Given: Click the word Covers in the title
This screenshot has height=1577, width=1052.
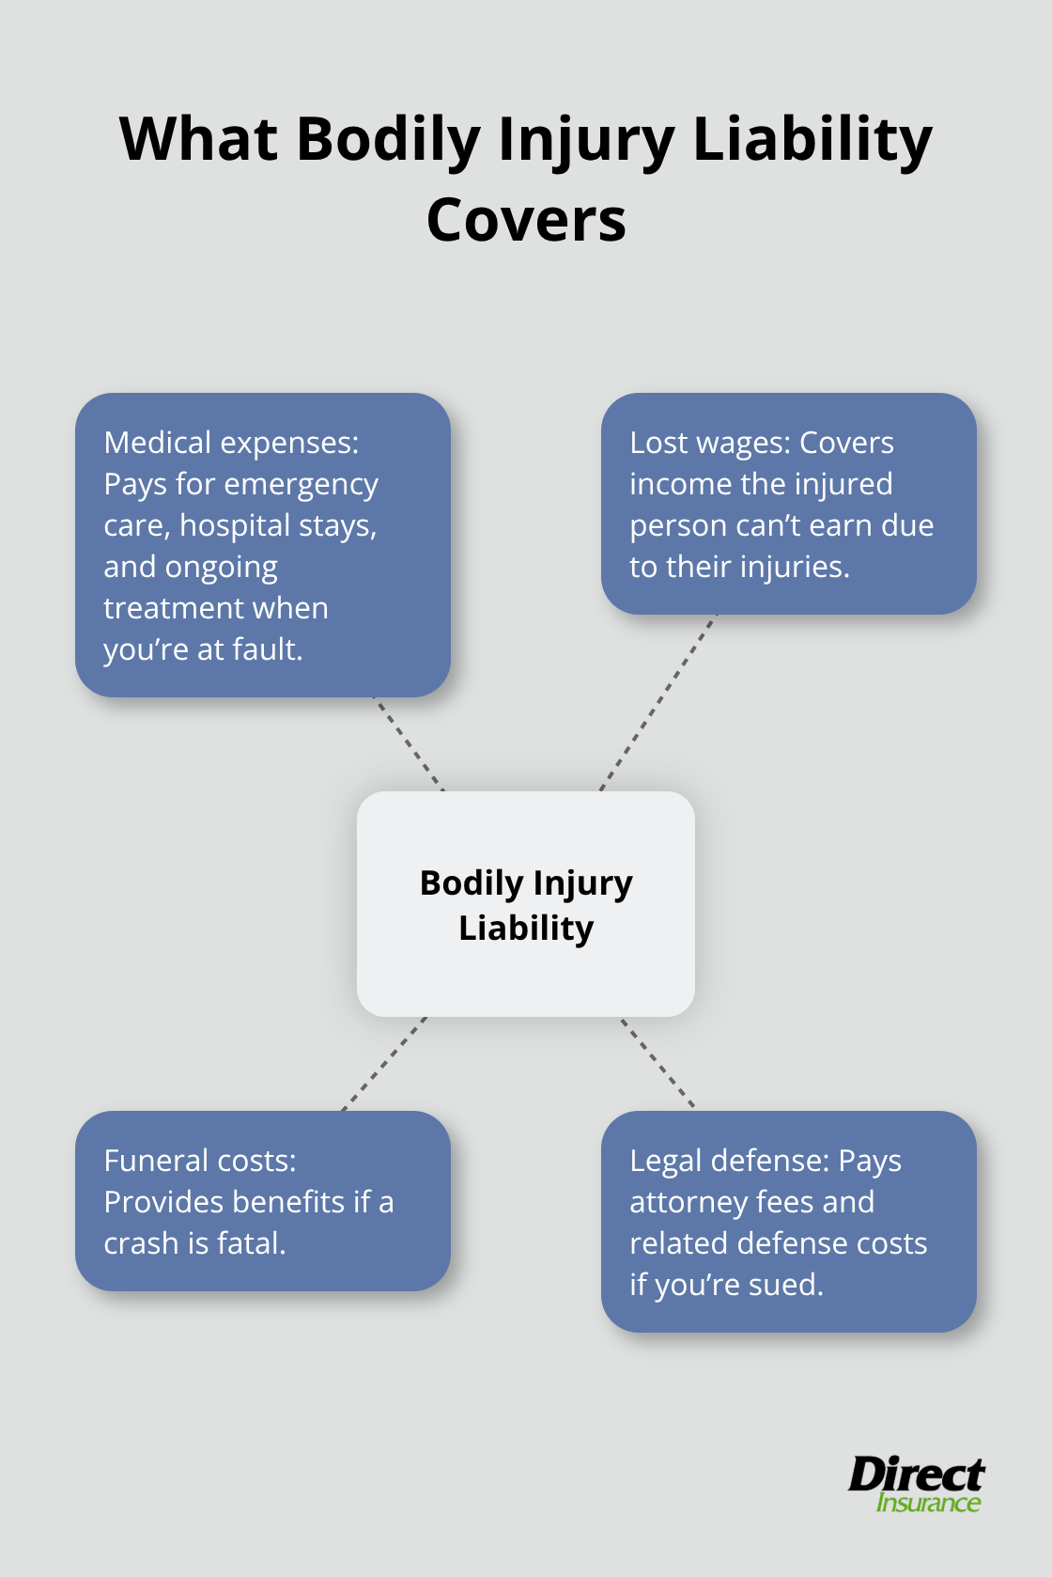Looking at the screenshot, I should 526,221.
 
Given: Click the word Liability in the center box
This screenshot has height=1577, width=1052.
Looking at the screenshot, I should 526,929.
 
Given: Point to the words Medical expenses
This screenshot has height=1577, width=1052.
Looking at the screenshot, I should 231,443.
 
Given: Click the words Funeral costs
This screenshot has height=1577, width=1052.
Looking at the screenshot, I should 199,1161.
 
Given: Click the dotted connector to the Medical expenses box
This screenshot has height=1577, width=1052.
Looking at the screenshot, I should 409,743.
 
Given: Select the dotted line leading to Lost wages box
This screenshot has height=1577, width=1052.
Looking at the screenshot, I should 658,702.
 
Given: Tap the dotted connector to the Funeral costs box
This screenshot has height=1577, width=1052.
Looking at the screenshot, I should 384,1064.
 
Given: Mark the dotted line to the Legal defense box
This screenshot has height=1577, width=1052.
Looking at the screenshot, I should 657,1063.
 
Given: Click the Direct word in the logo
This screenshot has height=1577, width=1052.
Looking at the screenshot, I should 916,1474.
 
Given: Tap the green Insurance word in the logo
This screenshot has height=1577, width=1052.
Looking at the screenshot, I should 928,1503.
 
